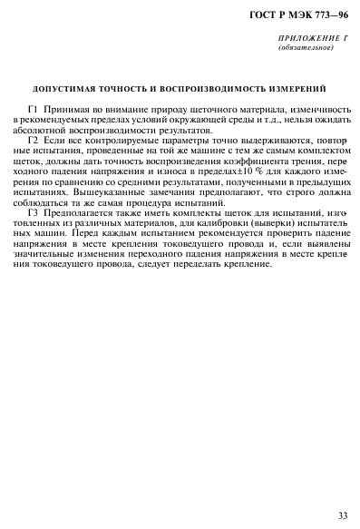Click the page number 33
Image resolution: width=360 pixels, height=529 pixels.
tap(341, 514)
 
